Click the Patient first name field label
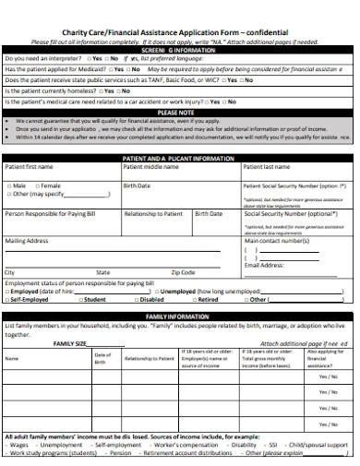pyautogui.click(x=30, y=168)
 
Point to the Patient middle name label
pyautogui.click(x=150, y=168)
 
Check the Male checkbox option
pyautogui.click(x=18, y=185)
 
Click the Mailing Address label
pyautogui.click(x=27, y=241)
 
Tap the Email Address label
pyautogui.click(x=264, y=265)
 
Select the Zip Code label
pyautogui.click(x=183, y=273)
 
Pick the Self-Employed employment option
pyautogui.click(x=29, y=299)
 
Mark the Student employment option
pyautogui.click(x=92, y=299)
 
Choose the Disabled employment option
pyautogui.click(x=150, y=299)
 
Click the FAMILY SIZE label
pyautogui.click(x=69, y=342)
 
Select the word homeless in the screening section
pyautogui.click(x=79, y=91)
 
